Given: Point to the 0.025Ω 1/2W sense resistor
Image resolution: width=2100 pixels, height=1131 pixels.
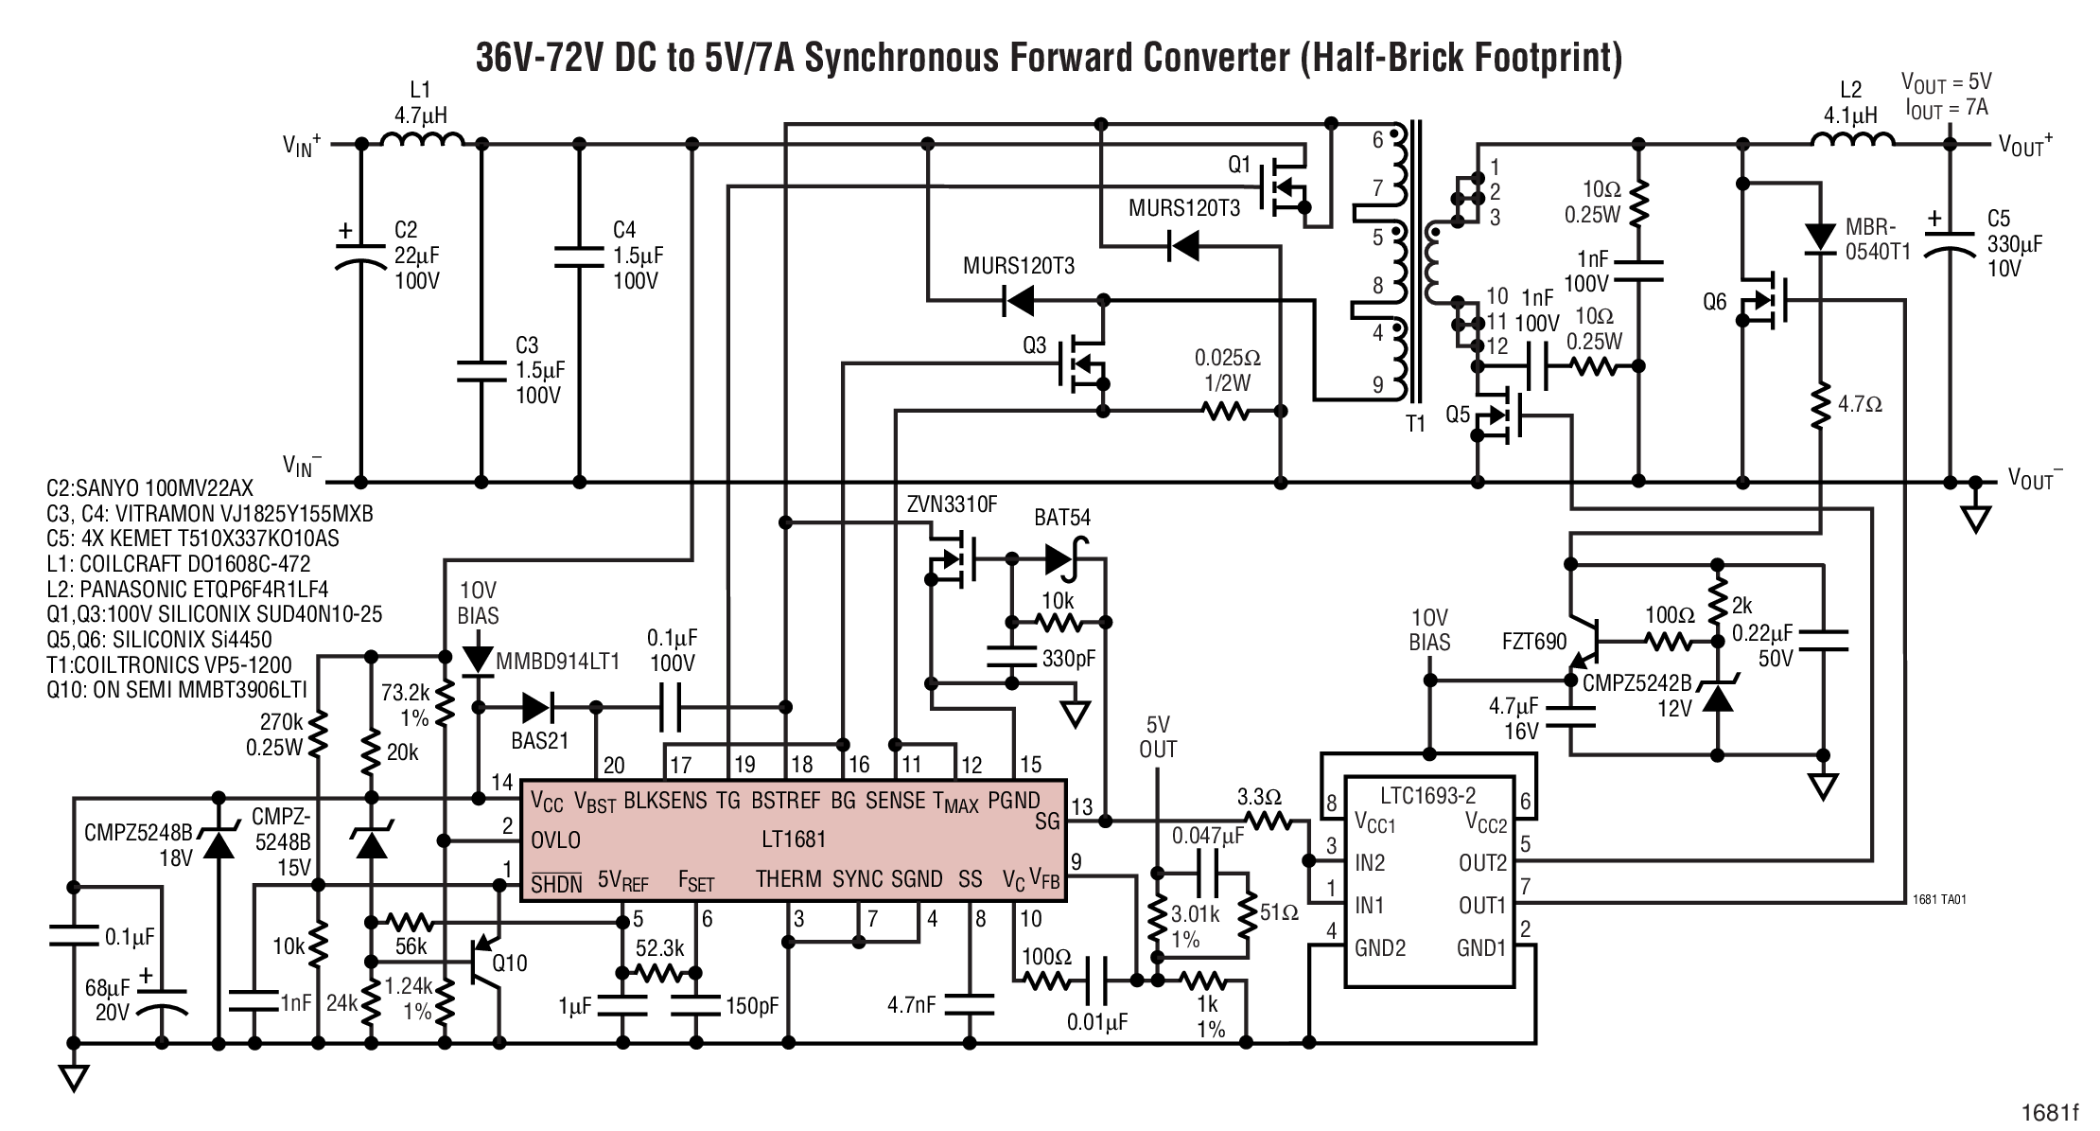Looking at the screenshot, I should [1226, 412].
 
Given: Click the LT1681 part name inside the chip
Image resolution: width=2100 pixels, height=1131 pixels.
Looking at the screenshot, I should [793, 839].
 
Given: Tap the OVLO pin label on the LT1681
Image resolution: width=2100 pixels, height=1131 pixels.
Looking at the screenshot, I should [555, 839].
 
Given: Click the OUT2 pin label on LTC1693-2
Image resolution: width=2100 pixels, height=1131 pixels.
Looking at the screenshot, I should [1482, 863].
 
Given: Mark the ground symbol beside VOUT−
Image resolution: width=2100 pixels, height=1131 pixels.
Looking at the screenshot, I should [1975, 517].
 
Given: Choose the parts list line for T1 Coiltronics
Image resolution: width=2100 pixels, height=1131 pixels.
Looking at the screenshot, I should [169, 664].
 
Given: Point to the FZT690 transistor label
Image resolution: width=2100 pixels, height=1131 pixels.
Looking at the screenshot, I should [1534, 643].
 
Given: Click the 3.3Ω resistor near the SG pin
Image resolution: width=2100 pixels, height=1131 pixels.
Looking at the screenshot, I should [1266, 821].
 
